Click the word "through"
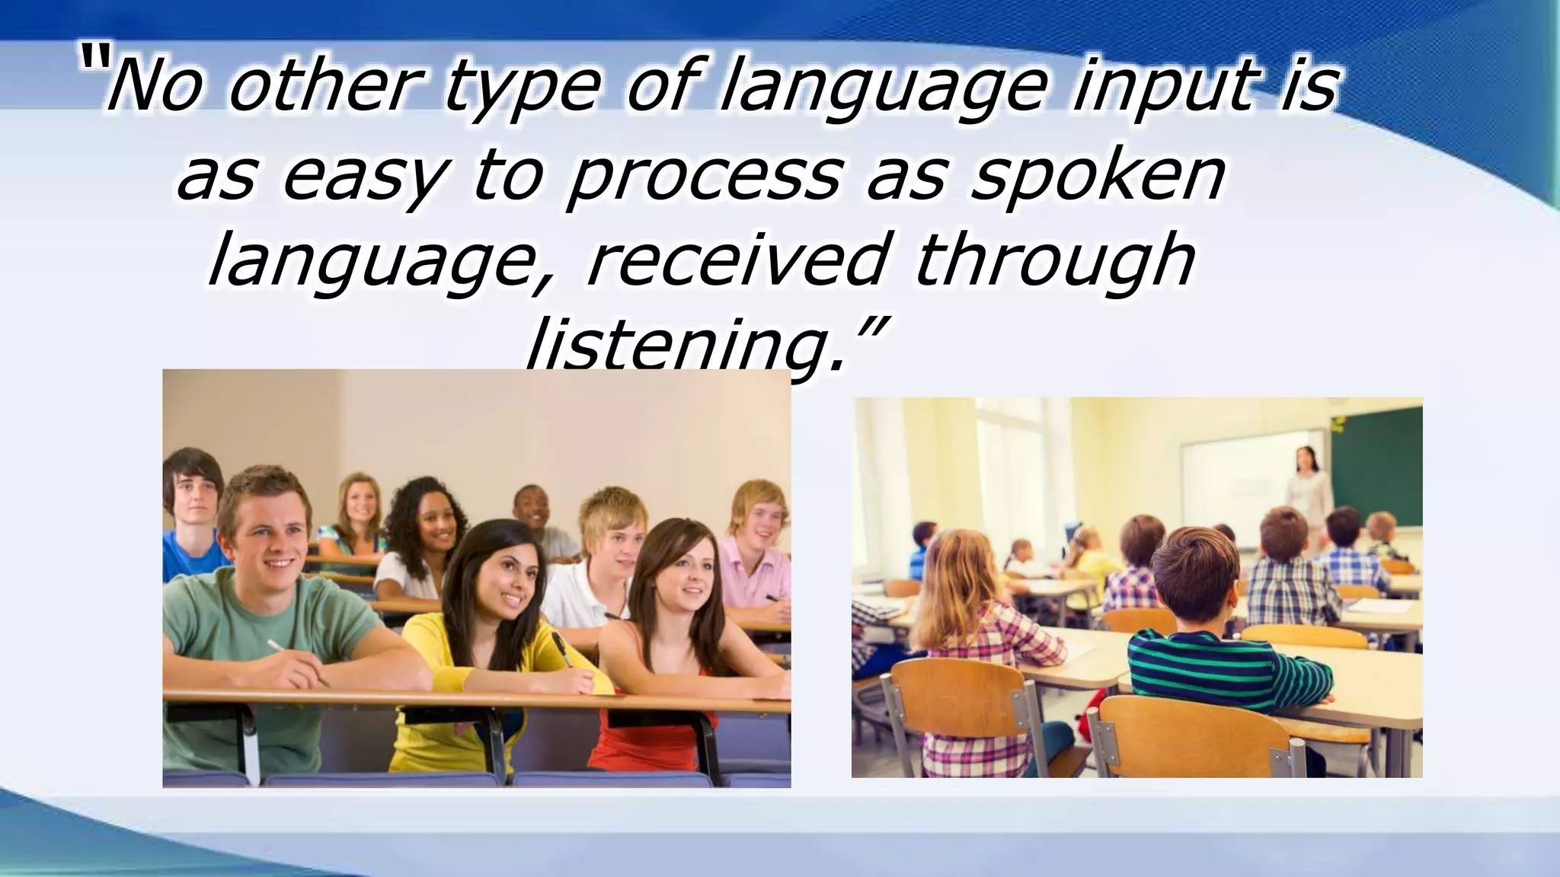pyautogui.click(x=1054, y=263)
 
